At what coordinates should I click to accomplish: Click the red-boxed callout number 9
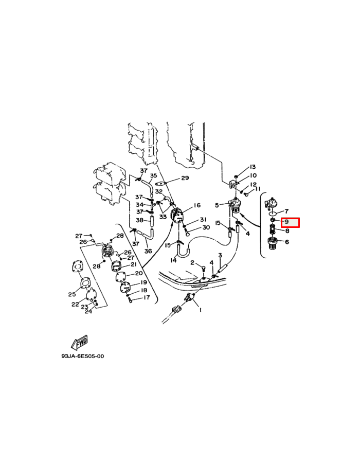[x=286, y=221]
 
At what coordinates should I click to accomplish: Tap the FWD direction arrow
[x=80, y=343]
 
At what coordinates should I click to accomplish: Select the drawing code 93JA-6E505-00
[x=83, y=356]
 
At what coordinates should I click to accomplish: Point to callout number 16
[x=197, y=205]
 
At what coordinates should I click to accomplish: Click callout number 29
[x=185, y=178]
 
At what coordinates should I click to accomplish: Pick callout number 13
[x=253, y=167]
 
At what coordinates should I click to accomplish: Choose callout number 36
[x=148, y=251]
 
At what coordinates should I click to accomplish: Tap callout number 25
[x=72, y=294]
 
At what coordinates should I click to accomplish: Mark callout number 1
[x=201, y=310]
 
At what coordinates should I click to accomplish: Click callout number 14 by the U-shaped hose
[x=173, y=260]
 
